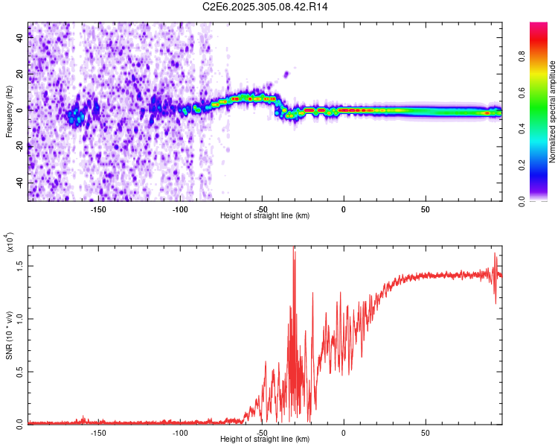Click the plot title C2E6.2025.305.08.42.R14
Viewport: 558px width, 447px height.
tap(266, 7)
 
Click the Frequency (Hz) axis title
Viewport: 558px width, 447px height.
tap(9, 112)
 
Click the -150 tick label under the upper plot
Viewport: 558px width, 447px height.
tap(98, 209)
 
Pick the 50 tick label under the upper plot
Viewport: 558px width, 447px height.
tap(425, 209)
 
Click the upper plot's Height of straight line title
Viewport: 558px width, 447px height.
tap(265, 216)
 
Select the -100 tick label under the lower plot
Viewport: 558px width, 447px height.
tap(180, 433)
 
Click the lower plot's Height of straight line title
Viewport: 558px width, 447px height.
tap(265, 440)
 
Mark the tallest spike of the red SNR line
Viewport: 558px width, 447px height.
tap(294, 248)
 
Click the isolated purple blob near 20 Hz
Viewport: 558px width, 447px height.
tap(286, 74)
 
